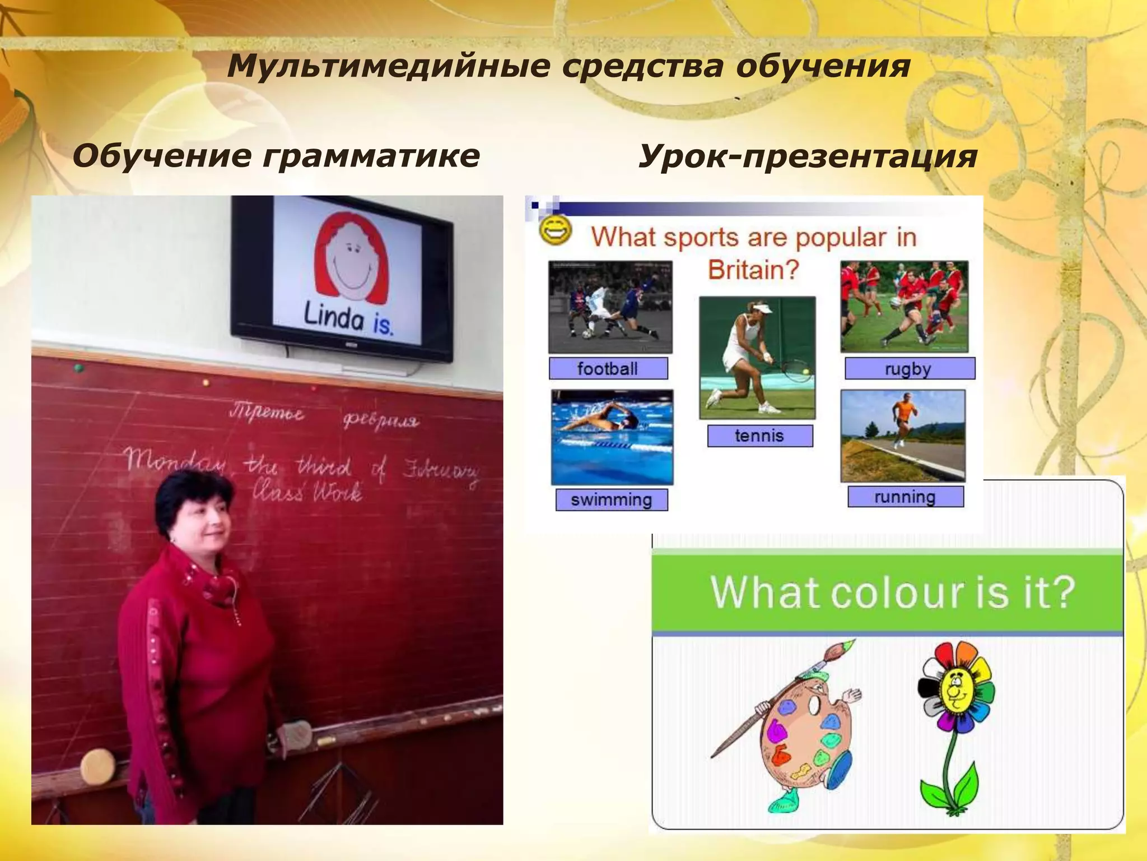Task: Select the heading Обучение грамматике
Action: coord(276,155)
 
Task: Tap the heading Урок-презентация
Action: coord(808,155)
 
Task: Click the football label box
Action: coord(608,368)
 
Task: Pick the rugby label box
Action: coord(909,369)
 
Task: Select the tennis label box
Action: coord(759,436)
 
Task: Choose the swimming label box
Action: coord(612,499)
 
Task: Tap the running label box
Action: coord(905,497)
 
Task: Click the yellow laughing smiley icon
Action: coord(555,230)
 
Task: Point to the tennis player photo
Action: coord(757,357)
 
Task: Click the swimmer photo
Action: coord(612,437)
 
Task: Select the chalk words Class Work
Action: coord(306,492)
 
